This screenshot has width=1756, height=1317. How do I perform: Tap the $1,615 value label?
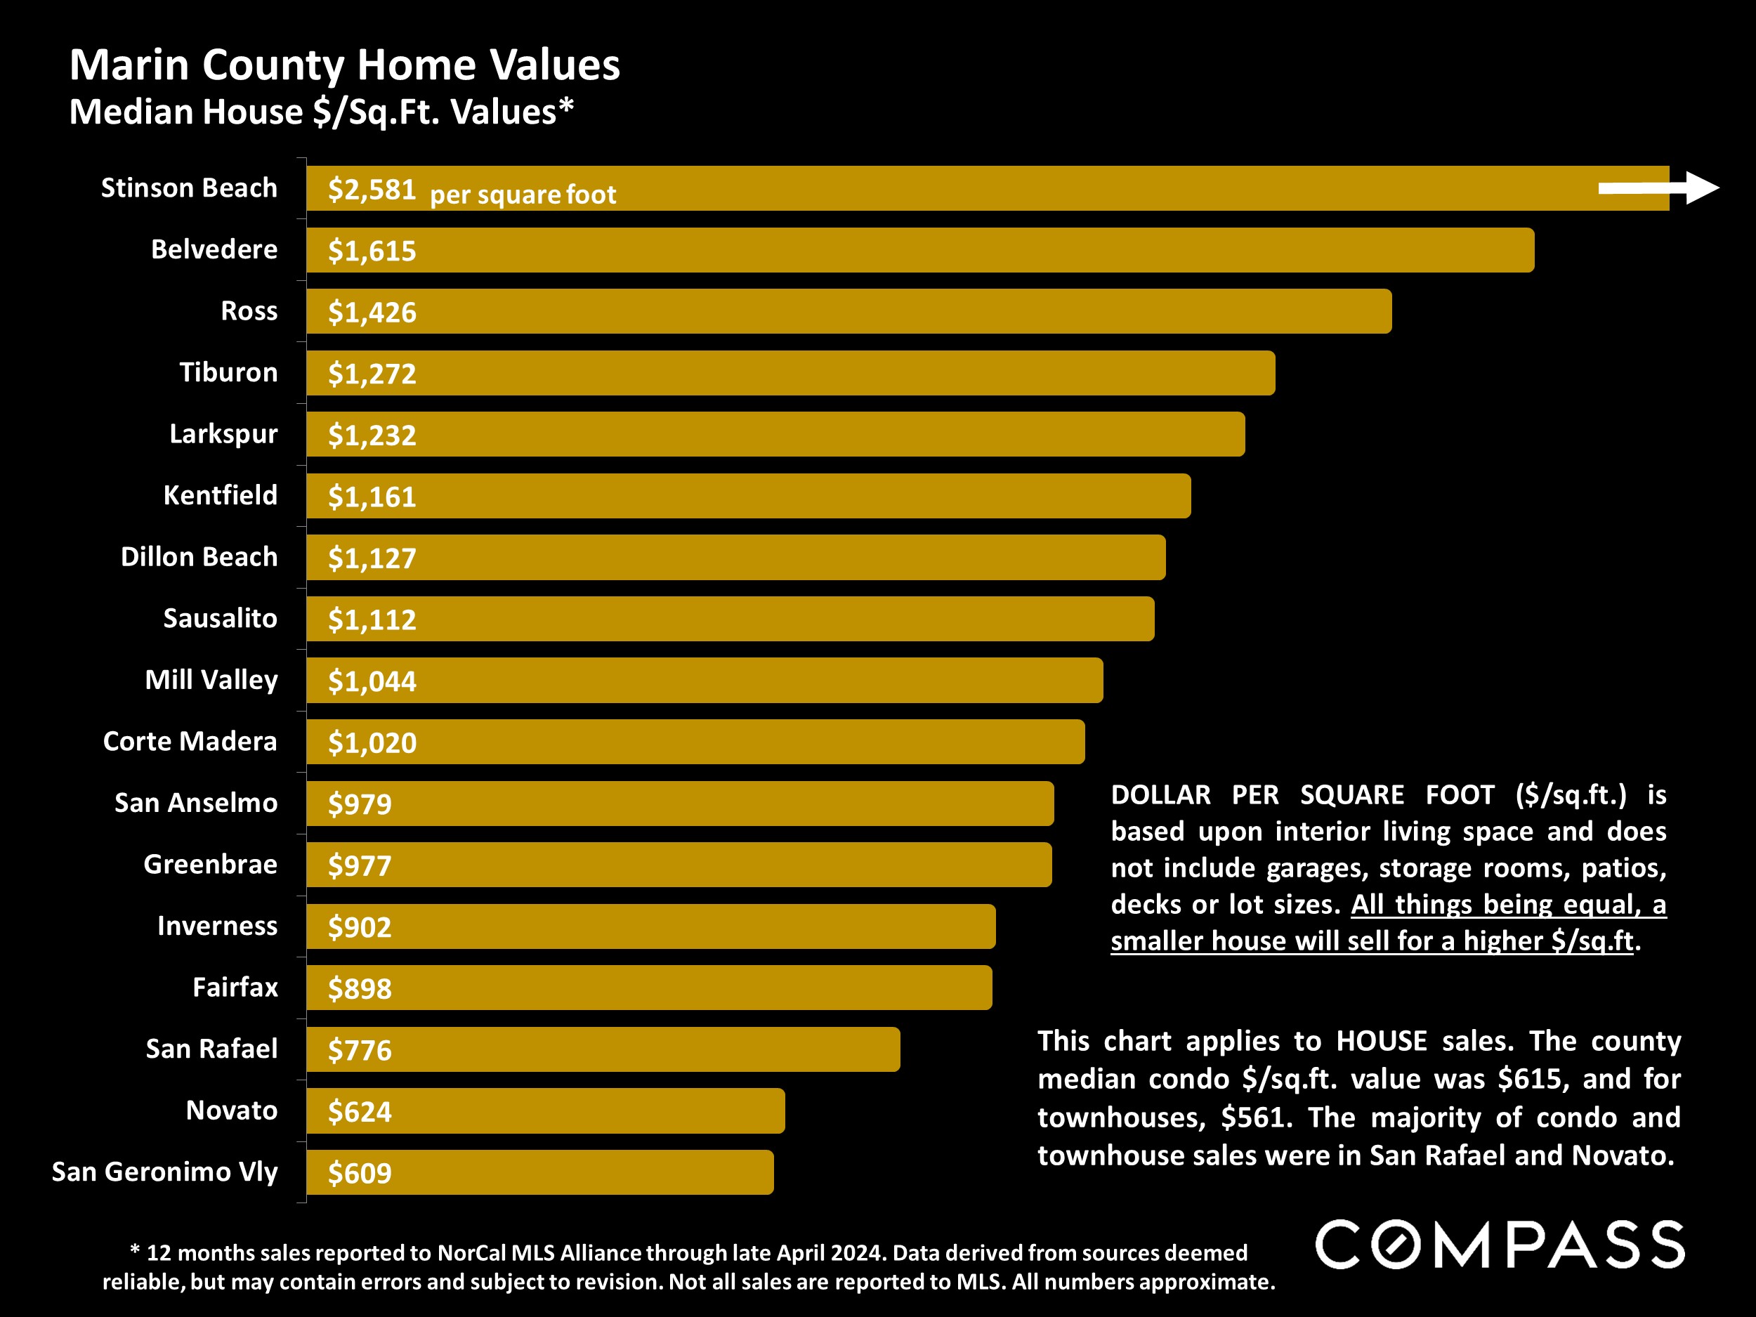372,251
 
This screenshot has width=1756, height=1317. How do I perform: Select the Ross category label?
249,310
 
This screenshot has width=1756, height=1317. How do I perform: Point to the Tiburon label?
228,372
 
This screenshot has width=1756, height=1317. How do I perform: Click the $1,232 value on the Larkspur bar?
372,435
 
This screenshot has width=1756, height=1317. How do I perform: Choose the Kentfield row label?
220,495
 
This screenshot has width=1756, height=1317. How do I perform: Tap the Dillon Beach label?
199,556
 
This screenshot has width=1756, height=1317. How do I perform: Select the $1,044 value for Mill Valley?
372,681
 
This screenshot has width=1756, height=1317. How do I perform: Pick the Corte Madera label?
190,742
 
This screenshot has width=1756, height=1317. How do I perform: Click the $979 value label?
360,804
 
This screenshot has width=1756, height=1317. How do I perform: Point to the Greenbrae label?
211,864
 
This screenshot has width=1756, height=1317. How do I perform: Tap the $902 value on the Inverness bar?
360,927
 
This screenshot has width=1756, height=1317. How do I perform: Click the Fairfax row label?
235,988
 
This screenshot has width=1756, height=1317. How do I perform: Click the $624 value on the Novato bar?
360,1111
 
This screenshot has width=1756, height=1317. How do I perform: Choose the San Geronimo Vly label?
164,1172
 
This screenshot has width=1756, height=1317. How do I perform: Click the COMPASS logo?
1500,1245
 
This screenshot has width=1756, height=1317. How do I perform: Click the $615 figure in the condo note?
1528,1079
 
